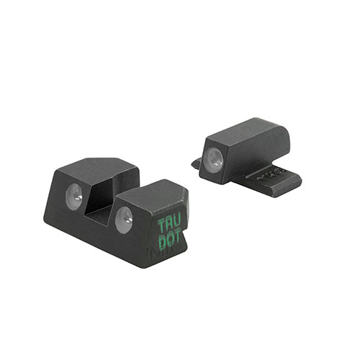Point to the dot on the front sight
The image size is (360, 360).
tap(214, 159)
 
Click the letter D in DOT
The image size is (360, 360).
tap(162, 243)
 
